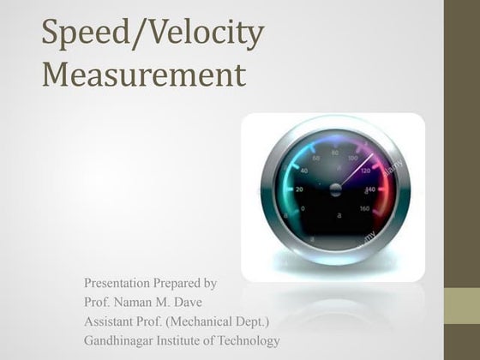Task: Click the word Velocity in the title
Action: [x=211, y=33]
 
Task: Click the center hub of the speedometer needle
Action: [x=335, y=189]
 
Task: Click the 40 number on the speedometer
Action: [x=302, y=171]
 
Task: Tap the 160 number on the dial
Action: [x=364, y=207]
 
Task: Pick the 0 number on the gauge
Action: [x=302, y=208]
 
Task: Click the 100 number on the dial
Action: [x=352, y=159]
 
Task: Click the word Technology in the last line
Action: [x=243, y=341]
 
